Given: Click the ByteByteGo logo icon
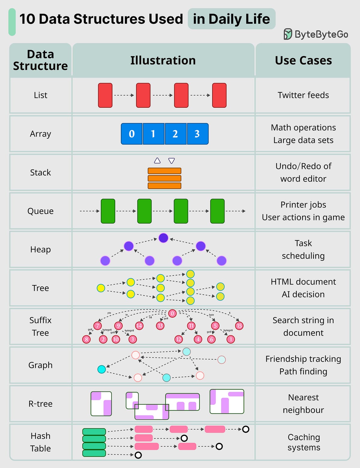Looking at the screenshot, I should (288, 34).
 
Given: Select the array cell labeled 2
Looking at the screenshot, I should (175, 134).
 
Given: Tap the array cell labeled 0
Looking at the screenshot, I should (132, 134).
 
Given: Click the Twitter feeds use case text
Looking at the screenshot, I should (303, 95).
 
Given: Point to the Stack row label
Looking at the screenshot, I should (40, 172).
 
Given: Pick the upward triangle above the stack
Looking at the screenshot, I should (157, 160).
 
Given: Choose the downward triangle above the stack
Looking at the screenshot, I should (172, 161).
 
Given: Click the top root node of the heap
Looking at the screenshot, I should (163, 238).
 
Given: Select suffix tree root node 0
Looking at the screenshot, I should (172, 313).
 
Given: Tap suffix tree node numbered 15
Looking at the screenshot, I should (239, 325).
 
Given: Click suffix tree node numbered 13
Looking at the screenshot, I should (160, 325).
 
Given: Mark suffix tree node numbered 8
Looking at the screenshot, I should (86, 339).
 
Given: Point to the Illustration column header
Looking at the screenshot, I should (163, 60).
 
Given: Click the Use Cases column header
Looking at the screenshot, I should (303, 60).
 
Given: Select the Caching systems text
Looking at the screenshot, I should (304, 442).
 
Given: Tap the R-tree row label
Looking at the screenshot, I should (40, 404).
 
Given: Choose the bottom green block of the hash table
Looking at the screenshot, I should (94, 453).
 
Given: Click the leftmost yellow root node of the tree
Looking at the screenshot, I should (101, 288).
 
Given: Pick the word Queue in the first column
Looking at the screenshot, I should (40, 211).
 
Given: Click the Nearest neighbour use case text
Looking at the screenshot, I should (303, 403).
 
